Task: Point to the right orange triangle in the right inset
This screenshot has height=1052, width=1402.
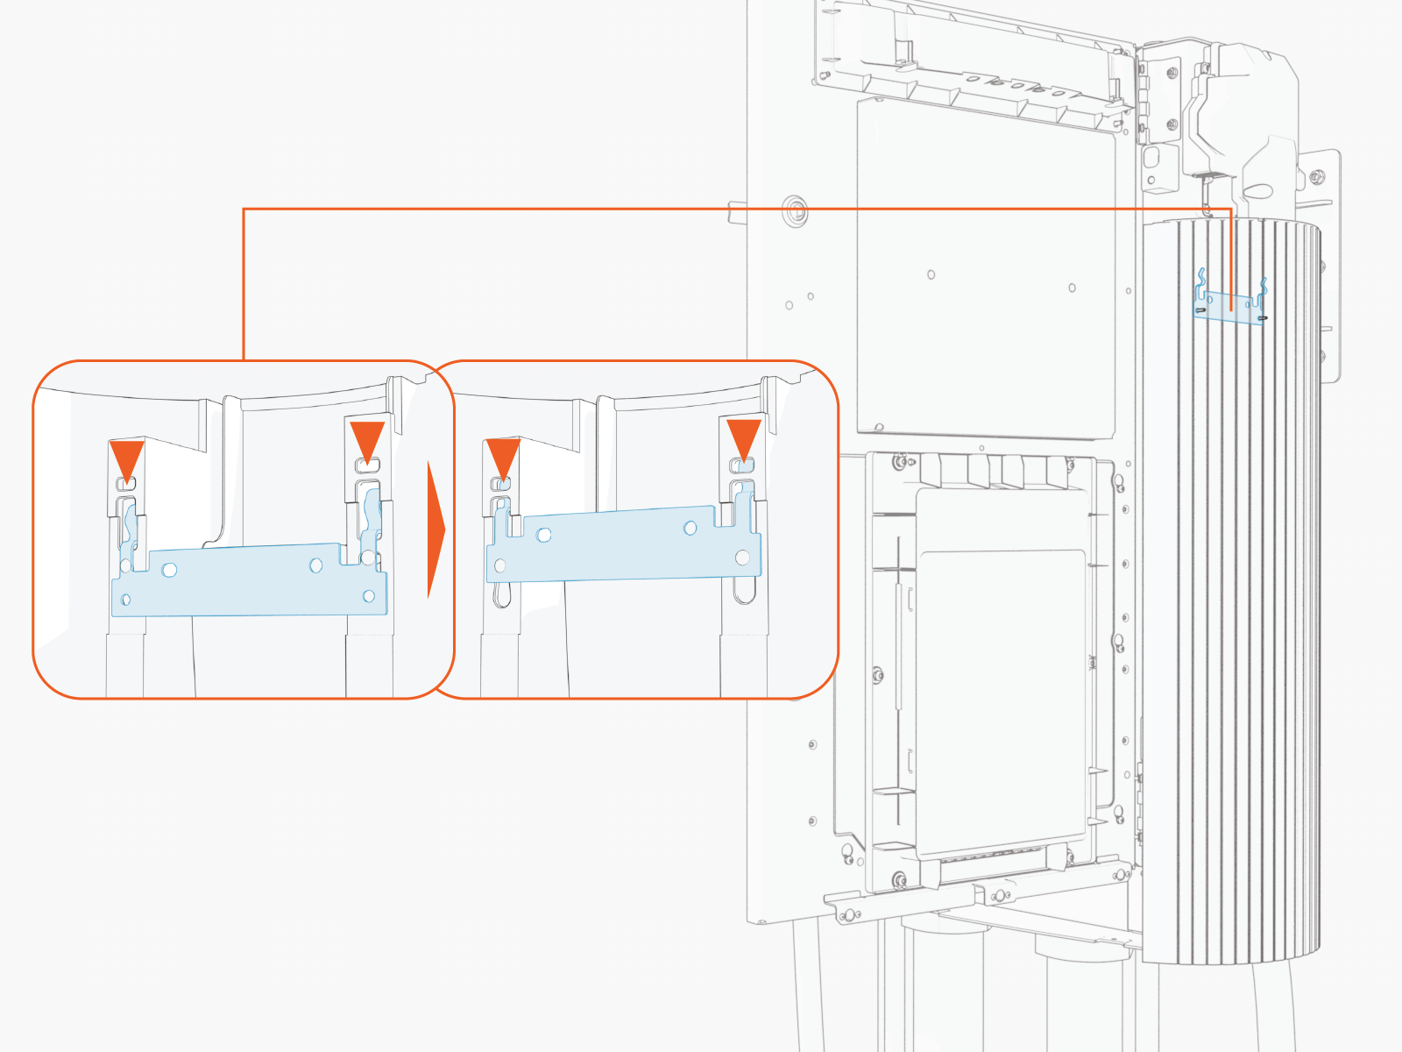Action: (x=744, y=438)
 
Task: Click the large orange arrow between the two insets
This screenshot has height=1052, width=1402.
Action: (x=435, y=530)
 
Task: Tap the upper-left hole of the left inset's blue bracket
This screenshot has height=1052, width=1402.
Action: (x=170, y=570)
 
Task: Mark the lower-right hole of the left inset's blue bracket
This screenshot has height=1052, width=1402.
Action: (x=369, y=596)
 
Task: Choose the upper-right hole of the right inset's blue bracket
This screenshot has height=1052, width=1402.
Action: (x=690, y=528)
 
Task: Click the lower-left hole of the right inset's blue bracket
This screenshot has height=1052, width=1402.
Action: (x=500, y=565)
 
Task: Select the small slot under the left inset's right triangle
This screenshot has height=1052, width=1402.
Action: (x=367, y=464)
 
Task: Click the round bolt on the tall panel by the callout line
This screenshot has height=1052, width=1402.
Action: (x=795, y=210)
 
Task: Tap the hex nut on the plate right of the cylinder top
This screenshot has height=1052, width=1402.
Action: (x=1315, y=178)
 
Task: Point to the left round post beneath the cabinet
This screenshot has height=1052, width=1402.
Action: (x=942, y=982)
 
